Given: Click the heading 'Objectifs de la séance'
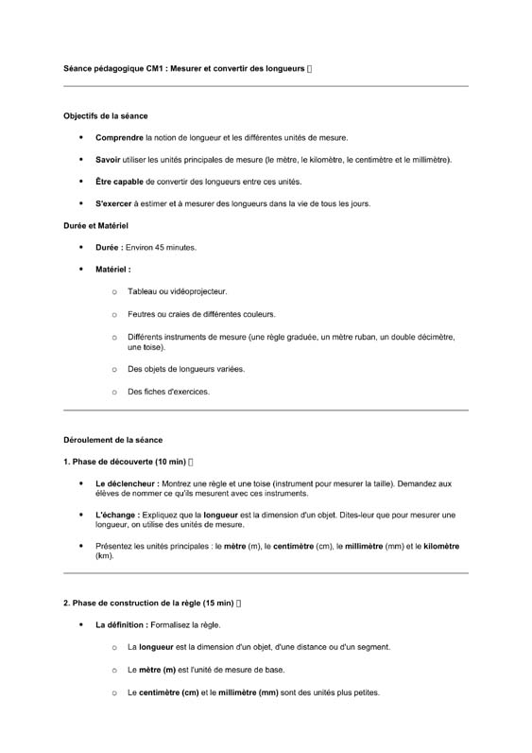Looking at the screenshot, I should [105, 116].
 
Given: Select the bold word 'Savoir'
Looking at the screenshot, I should [108, 160].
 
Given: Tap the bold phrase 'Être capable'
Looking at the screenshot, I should [119, 182].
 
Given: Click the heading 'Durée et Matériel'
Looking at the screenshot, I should [95, 225].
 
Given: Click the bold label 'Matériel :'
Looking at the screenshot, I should [113, 270].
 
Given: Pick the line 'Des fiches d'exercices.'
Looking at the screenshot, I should [168, 392].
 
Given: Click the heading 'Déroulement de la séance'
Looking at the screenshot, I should [112, 440].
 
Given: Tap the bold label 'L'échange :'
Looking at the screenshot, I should [118, 515].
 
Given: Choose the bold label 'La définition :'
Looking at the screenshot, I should [125, 625].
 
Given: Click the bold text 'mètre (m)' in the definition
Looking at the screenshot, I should [158, 670].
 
